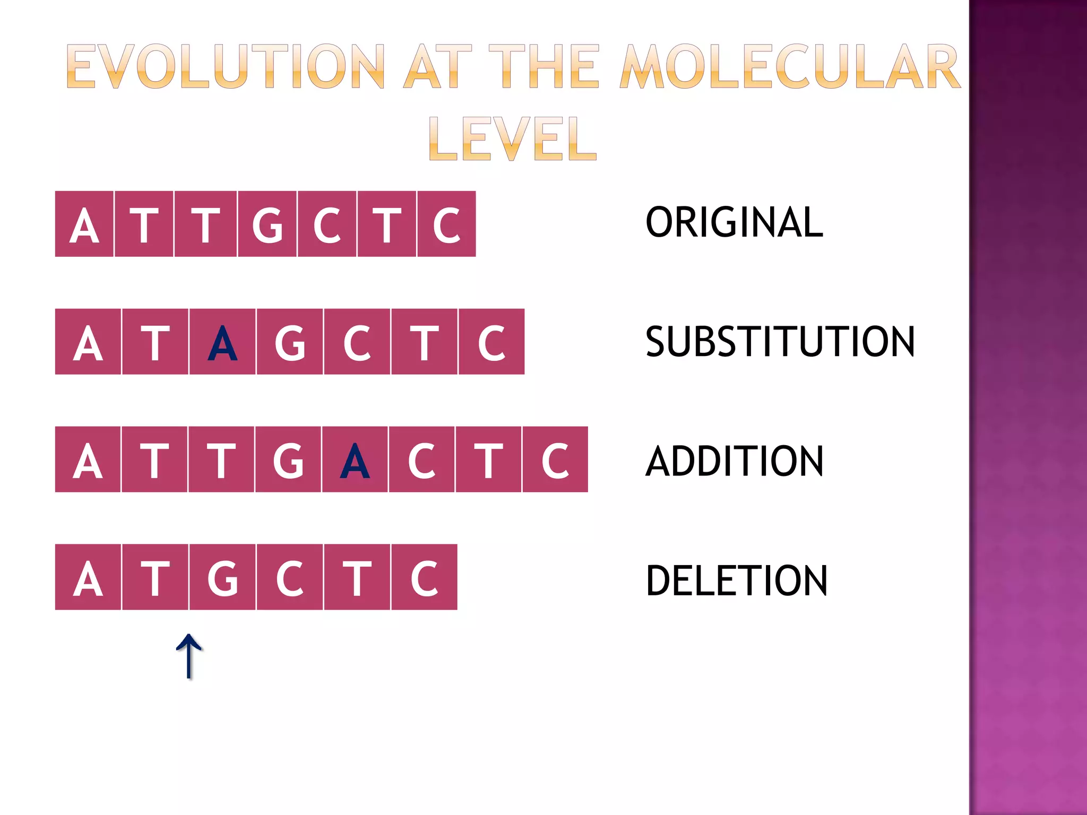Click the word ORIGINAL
coord(734,222)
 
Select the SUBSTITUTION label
coord(780,342)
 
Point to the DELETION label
coord(736,580)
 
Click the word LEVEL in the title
coord(513,138)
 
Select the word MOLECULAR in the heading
coord(790,67)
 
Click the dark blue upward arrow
coord(189,656)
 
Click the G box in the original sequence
coord(267,224)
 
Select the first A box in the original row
coord(84,224)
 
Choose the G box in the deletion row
coord(222,577)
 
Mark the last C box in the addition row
coord(555,460)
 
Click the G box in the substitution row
coord(290,342)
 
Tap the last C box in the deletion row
coord(424,577)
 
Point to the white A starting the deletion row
coord(88,577)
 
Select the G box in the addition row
coord(288,460)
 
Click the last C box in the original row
coord(446,224)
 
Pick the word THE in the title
coord(543,67)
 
